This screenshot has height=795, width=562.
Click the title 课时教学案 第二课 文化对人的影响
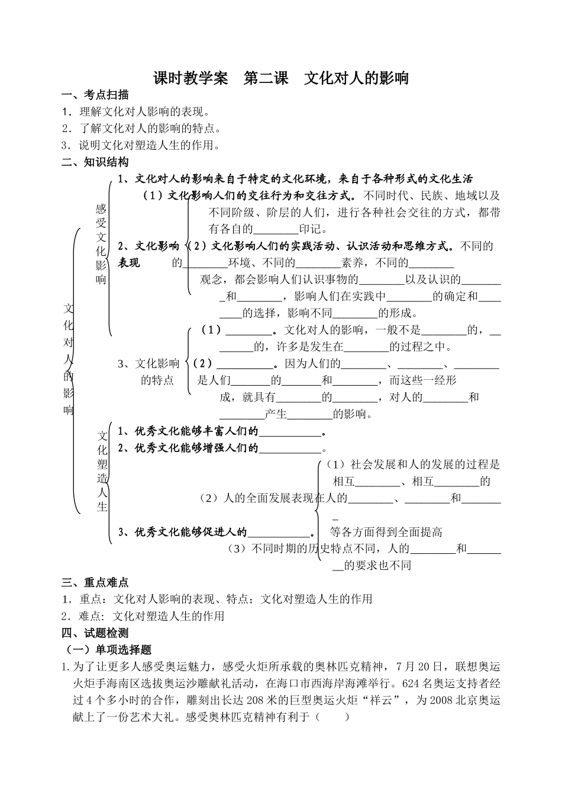pyautogui.click(x=281, y=78)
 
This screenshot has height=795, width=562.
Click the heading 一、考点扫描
pyautogui.click(x=95, y=95)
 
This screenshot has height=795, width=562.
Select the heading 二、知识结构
pyautogui.click(x=95, y=162)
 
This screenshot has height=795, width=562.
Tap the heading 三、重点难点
pyautogui.click(x=95, y=582)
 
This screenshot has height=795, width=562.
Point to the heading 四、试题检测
pyautogui.click(x=95, y=633)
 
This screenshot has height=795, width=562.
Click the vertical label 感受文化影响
pyautogui.click(x=101, y=243)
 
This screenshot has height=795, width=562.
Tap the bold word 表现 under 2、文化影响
pyautogui.click(x=129, y=263)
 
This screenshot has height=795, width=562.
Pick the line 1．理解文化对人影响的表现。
pyautogui.click(x=137, y=111)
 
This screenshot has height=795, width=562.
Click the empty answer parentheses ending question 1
pyautogui.click(x=332, y=717)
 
